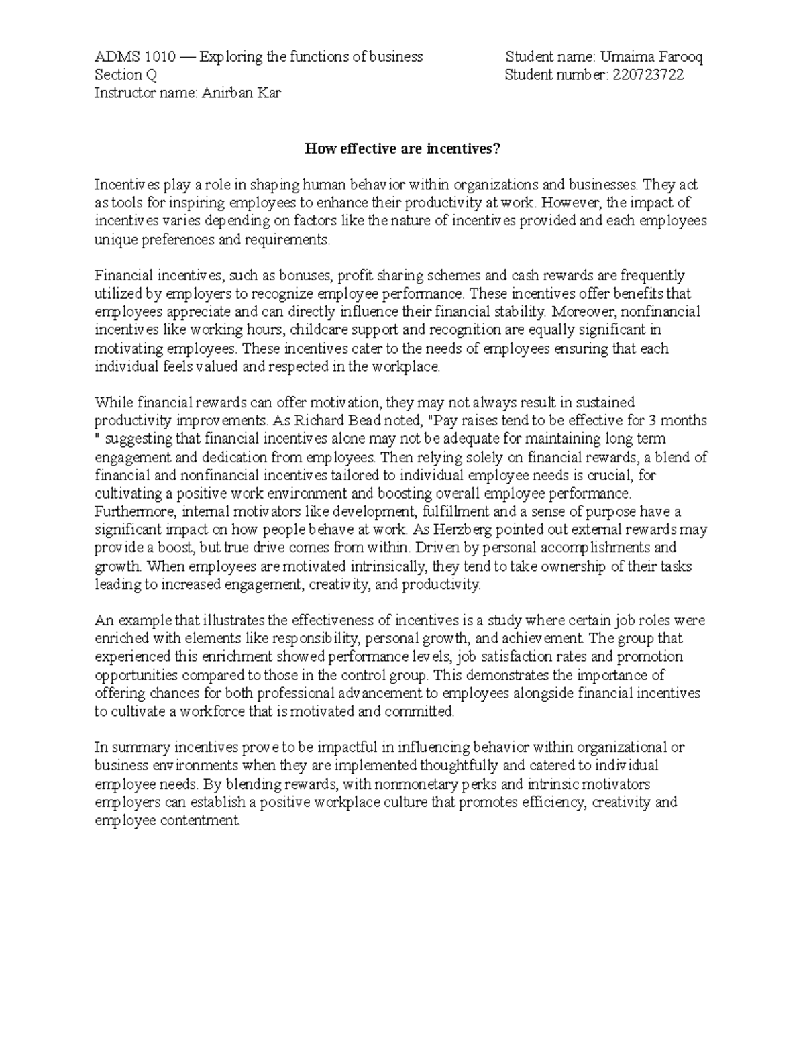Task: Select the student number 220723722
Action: (x=646, y=75)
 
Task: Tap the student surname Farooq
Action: (x=679, y=57)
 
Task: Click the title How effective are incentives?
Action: (x=402, y=149)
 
